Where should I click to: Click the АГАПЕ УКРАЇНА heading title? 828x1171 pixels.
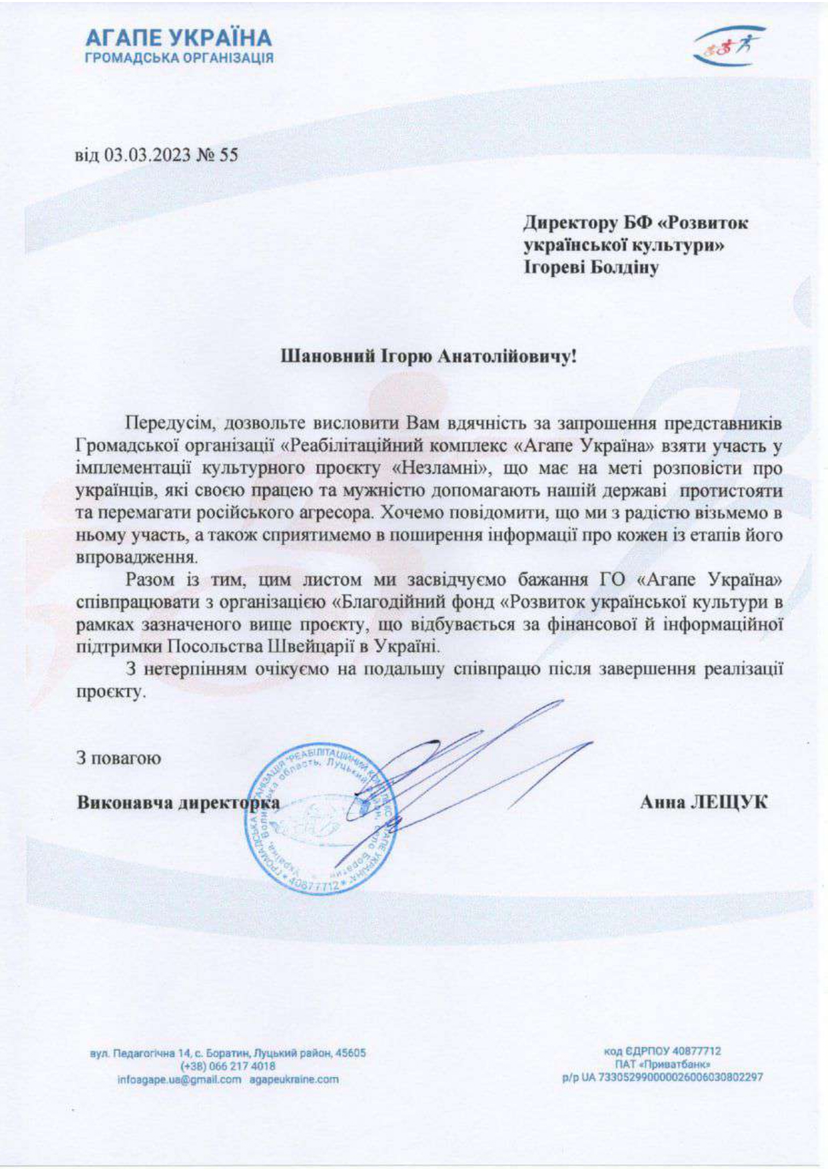coord(179,37)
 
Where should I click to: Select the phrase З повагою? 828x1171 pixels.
coord(118,758)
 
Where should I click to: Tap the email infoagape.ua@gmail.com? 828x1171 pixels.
coord(178,1079)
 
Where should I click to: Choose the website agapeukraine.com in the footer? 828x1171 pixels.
coord(294,1079)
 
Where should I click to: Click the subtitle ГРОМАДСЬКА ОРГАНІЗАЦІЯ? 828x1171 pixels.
coord(179,58)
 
